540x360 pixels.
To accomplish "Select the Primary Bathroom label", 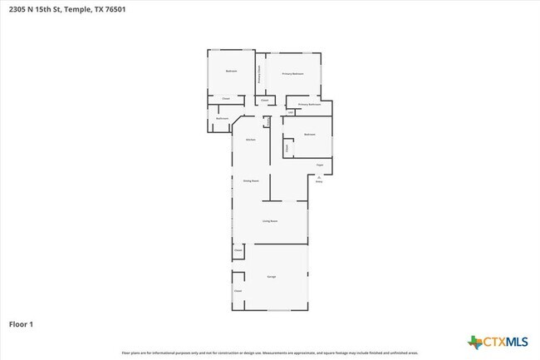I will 309,105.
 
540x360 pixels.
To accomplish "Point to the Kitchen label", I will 250,140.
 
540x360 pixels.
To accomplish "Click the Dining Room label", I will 251,180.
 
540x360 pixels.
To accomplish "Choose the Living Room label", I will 269,221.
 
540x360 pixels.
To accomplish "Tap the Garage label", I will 271,276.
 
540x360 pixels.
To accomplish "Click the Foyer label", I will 319,165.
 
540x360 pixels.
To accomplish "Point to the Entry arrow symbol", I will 319,175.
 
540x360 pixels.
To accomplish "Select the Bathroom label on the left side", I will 222,119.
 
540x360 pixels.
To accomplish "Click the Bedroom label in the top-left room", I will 232,72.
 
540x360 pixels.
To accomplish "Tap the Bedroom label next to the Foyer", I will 309,134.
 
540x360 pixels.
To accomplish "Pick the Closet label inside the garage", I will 238,291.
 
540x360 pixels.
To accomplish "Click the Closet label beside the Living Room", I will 238,250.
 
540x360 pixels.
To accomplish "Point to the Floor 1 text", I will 21,323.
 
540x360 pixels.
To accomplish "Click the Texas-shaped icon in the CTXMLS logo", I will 475,342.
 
